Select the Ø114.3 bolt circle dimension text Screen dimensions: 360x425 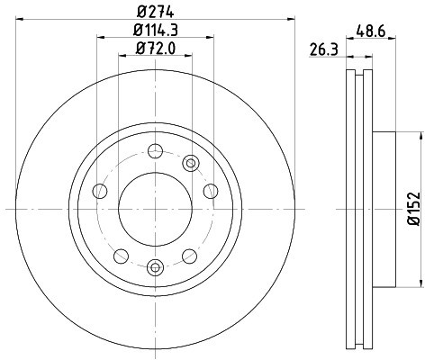(155, 30)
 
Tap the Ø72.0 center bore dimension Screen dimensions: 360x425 (155, 47)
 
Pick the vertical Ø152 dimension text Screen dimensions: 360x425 (412, 209)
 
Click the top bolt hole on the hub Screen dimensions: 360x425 (155, 151)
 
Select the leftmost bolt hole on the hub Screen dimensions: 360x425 (99, 191)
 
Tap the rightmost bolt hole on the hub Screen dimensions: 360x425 (211, 191)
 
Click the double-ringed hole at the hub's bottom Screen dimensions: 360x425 (155, 265)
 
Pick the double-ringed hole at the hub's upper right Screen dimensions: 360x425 (190, 163)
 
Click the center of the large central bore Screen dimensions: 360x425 (155, 208)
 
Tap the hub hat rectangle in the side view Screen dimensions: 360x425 (383, 209)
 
